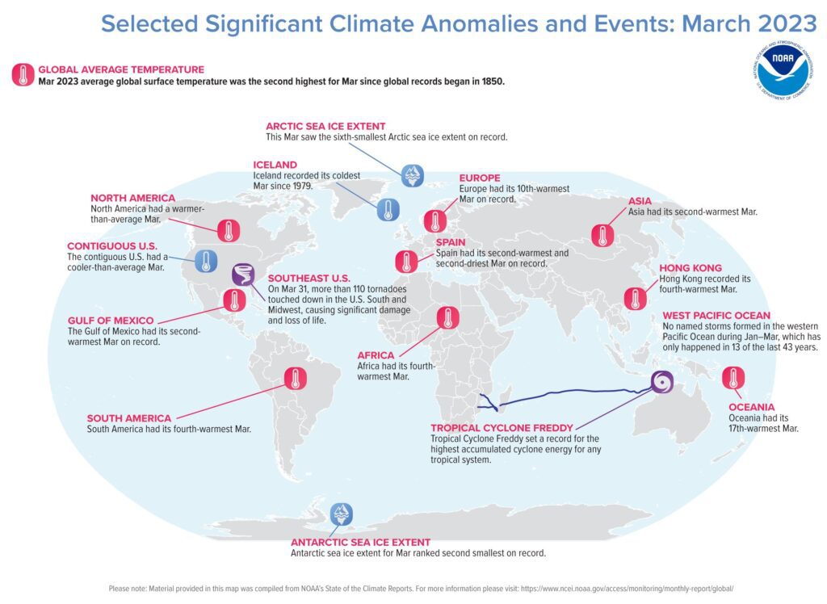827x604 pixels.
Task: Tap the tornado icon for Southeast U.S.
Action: point(242,275)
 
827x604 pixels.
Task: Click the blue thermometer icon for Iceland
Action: point(388,210)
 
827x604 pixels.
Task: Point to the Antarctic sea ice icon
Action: point(341,514)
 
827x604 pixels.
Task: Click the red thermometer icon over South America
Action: point(295,378)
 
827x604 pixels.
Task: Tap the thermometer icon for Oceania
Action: point(733,378)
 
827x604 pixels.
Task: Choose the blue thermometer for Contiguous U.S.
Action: point(206,261)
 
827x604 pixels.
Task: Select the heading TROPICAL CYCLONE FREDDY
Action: point(502,427)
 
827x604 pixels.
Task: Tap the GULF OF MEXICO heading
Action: point(111,321)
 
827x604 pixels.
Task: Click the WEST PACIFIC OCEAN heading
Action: point(716,315)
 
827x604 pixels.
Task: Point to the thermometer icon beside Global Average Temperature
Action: point(22,75)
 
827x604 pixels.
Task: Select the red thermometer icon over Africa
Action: point(448,318)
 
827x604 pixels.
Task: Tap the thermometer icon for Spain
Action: point(405,262)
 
